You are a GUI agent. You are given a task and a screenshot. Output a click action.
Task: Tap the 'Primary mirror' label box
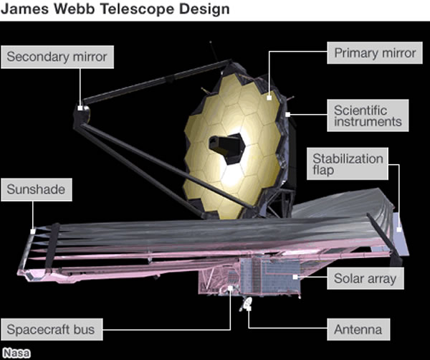(x=374, y=53)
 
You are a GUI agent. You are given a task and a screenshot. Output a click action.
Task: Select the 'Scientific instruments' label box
(x=368, y=116)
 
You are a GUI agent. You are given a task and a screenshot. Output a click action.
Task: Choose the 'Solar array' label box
(x=364, y=278)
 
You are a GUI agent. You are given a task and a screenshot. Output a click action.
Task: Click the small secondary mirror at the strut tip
(x=82, y=110)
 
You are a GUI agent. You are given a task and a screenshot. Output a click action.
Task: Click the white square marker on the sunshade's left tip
(x=33, y=230)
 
